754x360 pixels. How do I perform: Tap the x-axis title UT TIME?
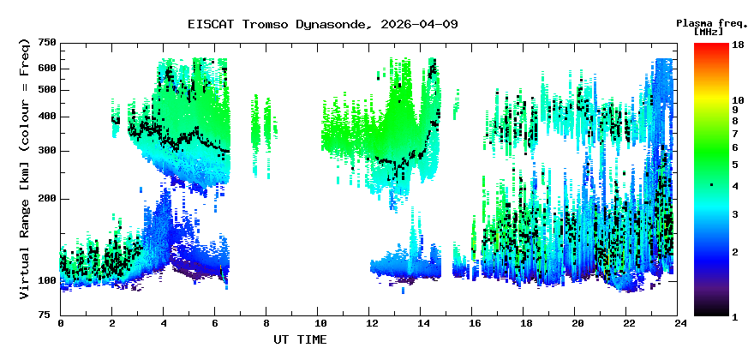click(300, 339)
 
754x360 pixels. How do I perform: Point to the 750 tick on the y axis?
click(47, 43)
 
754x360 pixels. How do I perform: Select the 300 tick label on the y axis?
click(47, 151)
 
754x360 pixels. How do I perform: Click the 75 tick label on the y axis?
click(50, 315)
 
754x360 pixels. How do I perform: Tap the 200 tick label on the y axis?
click(47, 198)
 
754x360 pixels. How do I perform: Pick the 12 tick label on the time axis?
click(371, 324)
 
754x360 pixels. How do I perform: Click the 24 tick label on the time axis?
click(680, 324)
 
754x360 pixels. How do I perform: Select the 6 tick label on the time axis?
click(216, 324)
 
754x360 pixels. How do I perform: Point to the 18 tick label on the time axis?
click(526, 324)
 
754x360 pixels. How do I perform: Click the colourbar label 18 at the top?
click(738, 45)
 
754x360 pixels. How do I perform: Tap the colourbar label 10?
click(738, 99)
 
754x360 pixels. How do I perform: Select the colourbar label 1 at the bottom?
click(735, 317)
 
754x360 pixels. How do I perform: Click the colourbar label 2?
click(735, 251)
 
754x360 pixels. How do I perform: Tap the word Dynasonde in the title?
click(332, 24)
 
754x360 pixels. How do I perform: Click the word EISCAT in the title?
click(208, 24)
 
